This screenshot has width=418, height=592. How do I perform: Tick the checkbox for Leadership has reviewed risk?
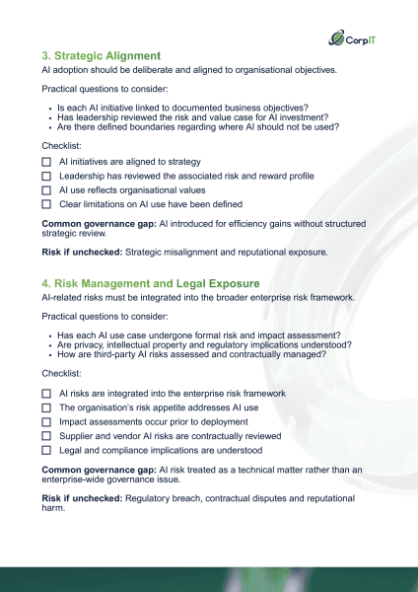pyautogui.click(x=46, y=176)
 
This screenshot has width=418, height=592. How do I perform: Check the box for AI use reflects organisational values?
pyautogui.click(x=46, y=189)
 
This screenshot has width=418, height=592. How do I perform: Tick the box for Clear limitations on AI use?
pyautogui.click(x=46, y=204)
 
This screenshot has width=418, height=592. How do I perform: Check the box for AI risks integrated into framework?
pyautogui.click(x=46, y=394)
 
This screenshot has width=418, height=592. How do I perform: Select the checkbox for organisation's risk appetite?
pyautogui.click(x=46, y=407)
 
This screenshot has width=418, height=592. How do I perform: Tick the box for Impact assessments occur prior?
pyautogui.click(x=46, y=421)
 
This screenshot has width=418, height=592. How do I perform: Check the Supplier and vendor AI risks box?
pyautogui.click(x=46, y=436)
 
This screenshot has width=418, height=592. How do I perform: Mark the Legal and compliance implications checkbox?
pyautogui.click(x=46, y=450)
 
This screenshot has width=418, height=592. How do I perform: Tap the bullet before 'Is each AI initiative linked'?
pyautogui.click(x=50, y=110)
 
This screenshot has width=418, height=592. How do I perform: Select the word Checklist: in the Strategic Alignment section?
pyautogui.click(x=61, y=144)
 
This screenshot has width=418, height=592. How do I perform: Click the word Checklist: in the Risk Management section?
pyautogui.click(x=61, y=375)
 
